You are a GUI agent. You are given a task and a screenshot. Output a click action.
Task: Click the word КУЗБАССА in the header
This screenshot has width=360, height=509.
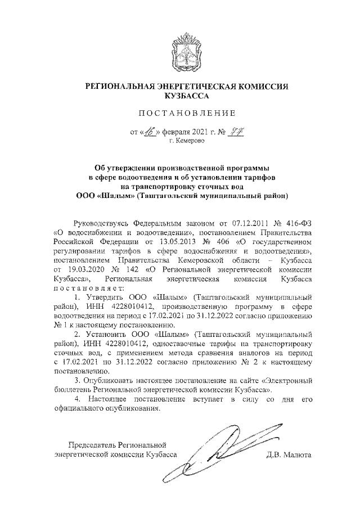179,96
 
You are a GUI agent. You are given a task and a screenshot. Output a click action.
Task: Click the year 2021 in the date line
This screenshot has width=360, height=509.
199,133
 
